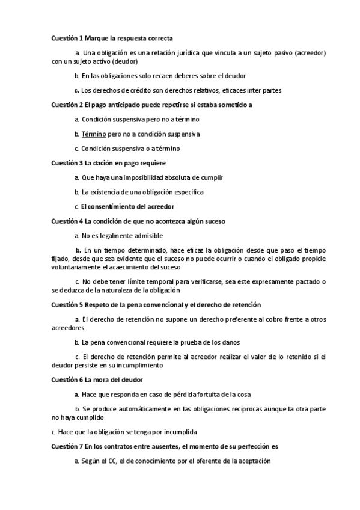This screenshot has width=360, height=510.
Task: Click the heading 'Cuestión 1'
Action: point(68,38)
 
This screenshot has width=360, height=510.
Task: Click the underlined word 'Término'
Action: point(94,134)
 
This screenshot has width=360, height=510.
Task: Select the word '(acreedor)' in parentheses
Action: point(311,53)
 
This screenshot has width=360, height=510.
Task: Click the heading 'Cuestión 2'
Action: point(68,105)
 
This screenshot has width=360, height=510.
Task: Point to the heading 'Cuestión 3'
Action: point(68,163)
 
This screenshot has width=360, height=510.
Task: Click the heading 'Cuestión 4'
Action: point(68,221)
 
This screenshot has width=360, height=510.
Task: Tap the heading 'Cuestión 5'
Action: point(68,305)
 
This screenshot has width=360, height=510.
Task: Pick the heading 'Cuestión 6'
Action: point(68,380)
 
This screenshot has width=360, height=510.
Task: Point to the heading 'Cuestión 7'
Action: point(68,447)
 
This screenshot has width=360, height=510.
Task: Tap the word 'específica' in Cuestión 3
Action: point(188,192)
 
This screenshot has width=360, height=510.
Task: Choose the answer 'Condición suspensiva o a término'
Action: point(130,148)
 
